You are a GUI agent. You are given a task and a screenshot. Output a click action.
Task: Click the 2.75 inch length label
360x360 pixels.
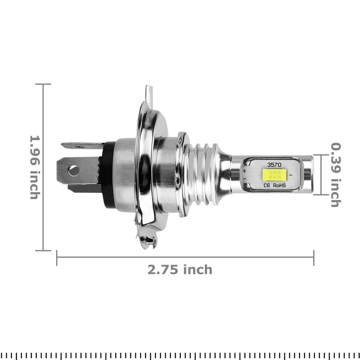[x=180, y=269]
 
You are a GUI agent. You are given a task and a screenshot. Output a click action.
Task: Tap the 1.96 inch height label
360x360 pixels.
[x=34, y=167]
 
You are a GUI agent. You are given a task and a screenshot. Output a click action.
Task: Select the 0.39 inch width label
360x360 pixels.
[x=336, y=175]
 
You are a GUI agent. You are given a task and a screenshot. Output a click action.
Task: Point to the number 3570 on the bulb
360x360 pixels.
[x=274, y=164]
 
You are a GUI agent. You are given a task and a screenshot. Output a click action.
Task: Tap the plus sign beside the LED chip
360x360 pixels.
[x=244, y=171]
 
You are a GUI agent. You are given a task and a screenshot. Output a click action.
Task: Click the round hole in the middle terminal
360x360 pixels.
[x=73, y=170]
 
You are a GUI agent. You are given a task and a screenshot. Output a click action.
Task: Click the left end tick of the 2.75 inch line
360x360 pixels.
[x=57, y=257]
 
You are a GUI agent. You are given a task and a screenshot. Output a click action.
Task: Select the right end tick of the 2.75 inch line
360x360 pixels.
[x=314, y=257]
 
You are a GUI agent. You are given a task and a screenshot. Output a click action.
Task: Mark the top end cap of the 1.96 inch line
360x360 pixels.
[x=43, y=84]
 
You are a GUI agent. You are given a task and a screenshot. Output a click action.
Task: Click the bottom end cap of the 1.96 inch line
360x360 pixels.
[x=43, y=250]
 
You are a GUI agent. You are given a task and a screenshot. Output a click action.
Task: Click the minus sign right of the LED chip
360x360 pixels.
[x=290, y=175]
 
